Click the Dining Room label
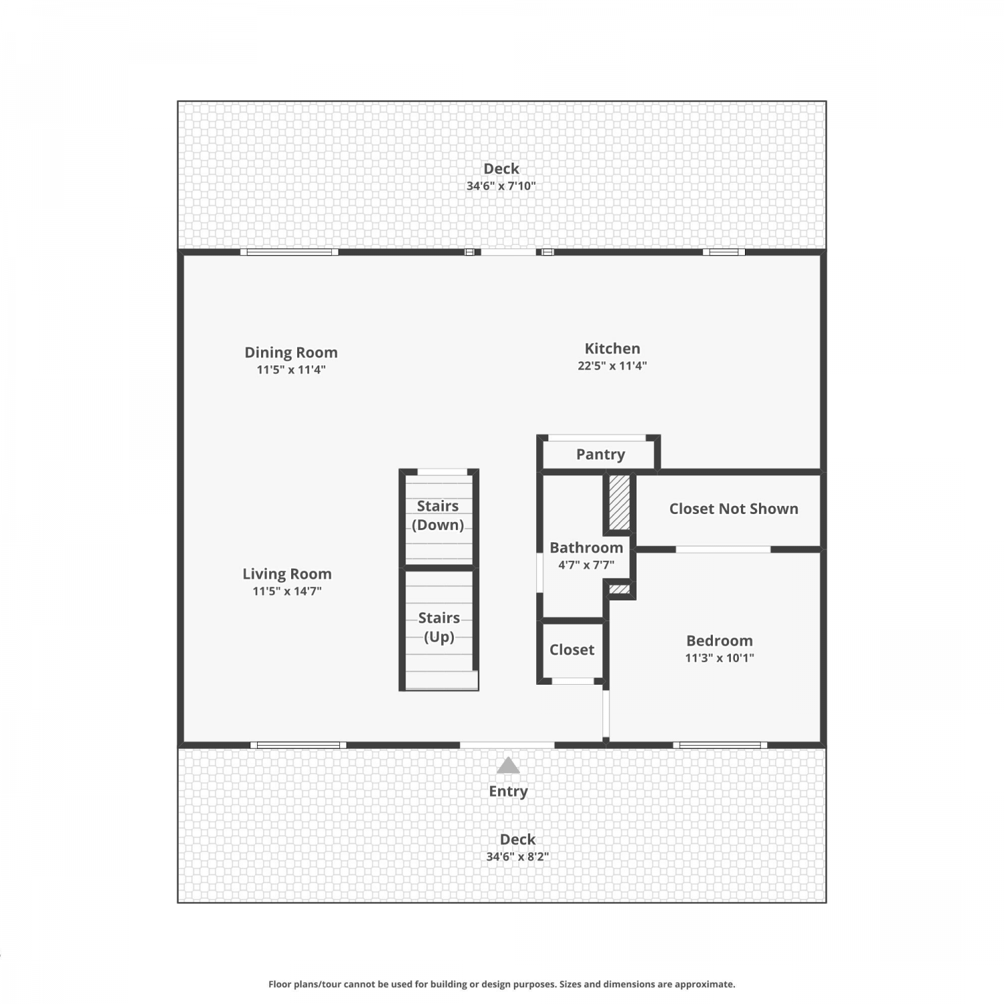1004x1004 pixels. coord(290,353)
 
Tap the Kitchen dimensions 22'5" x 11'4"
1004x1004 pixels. coord(612,366)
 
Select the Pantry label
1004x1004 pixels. coord(600,454)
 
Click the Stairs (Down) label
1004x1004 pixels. coord(438,515)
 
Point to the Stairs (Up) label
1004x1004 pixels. coord(439,627)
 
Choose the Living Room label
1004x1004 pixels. coord(287,574)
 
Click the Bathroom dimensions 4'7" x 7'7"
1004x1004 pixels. coord(586,565)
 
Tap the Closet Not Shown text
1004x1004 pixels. coord(734,509)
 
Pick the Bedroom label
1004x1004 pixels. coord(720,641)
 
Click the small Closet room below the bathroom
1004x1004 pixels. coord(572,650)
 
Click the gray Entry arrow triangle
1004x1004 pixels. coord(508,766)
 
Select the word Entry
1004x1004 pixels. coord(508,791)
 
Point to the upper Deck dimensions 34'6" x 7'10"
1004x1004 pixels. coord(501,186)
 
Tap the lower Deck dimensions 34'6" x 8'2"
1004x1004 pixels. coord(517,857)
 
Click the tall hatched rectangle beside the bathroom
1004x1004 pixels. coord(620,503)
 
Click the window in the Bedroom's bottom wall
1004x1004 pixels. coord(720,745)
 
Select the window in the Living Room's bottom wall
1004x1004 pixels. coord(299,745)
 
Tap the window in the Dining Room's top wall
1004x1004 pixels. coord(289,252)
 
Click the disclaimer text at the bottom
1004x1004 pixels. coord(502,984)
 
